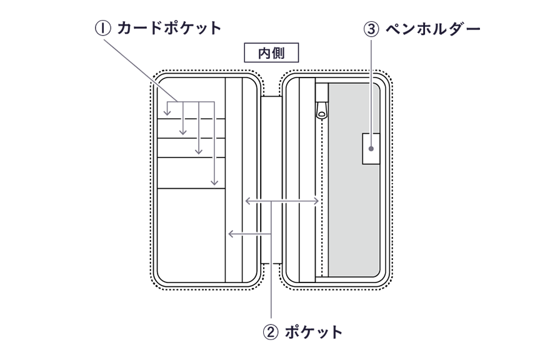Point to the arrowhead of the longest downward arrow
[214, 184]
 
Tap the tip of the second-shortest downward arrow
[183, 134]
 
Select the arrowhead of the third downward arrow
[199, 154]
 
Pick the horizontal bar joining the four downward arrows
[191, 101]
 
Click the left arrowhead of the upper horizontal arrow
[244, 201]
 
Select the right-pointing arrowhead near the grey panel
[319, 201]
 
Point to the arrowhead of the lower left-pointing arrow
[229, 234]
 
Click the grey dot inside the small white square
[371, 149]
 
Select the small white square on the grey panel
[371, 149]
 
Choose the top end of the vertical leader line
[373, 39]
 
